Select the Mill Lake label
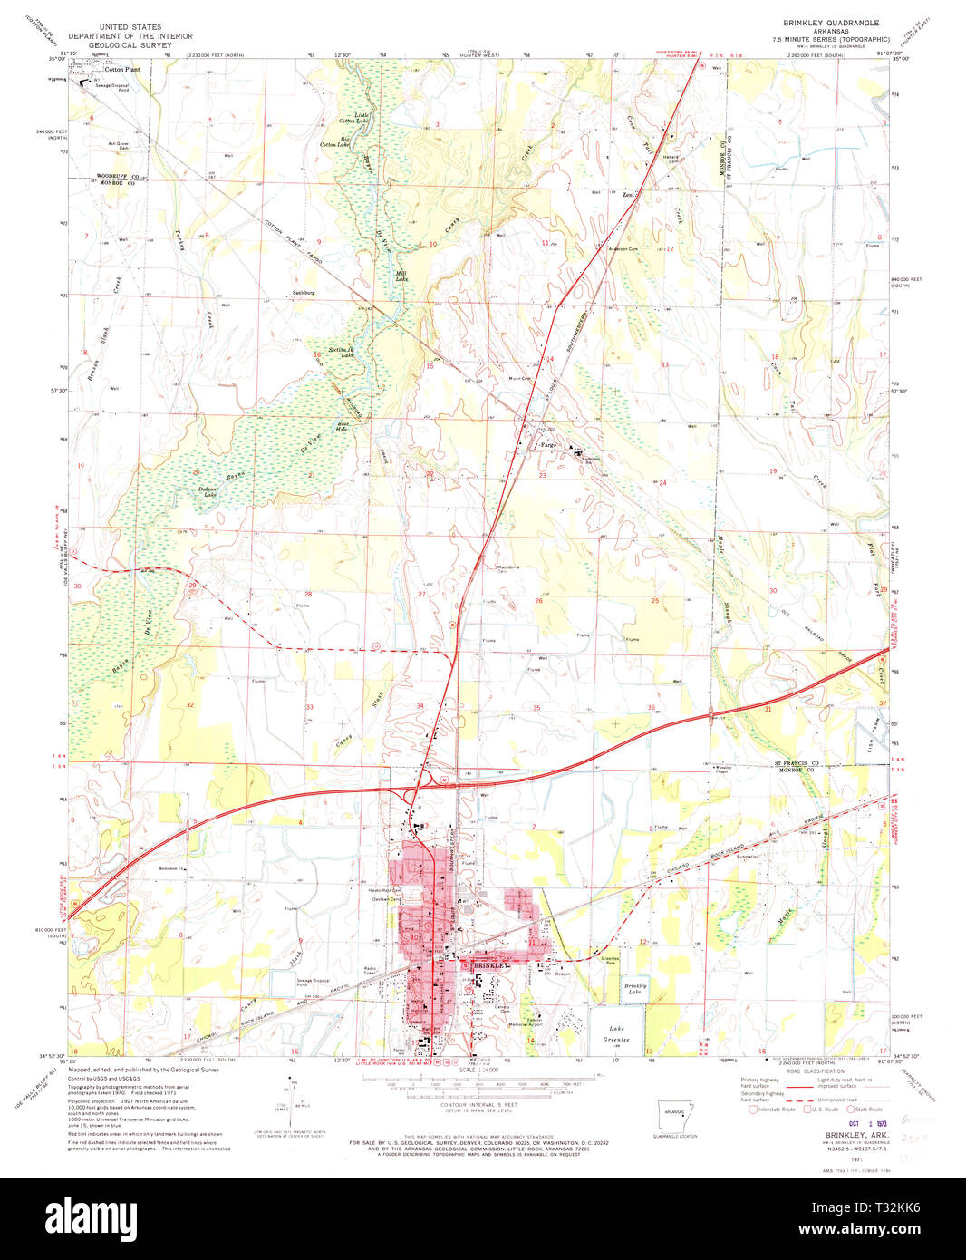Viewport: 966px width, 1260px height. click(x=401, y=276)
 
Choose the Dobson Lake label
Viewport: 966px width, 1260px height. click(x=208, y=491)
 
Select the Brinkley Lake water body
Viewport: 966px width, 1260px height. click(x=635, y=988)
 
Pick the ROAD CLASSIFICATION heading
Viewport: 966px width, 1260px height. click(x=810, y=1071)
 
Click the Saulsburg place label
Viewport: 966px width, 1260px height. click(x=304, y=293)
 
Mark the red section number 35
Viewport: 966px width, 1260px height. click(x=536, y=708)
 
